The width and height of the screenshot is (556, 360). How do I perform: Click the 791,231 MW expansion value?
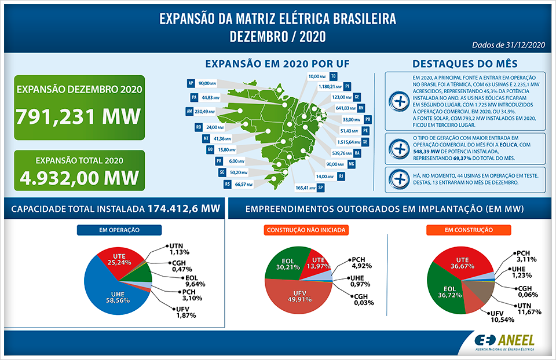(x=78, y=116)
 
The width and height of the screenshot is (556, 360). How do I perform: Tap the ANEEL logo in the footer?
(x=504, y=341)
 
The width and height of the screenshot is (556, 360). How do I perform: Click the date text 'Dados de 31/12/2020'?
(x=509, y=44)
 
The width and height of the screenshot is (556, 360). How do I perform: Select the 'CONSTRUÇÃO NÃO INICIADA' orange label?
(x=306, y=230)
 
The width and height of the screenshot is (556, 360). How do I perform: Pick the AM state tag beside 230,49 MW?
(x=189, y=111)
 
